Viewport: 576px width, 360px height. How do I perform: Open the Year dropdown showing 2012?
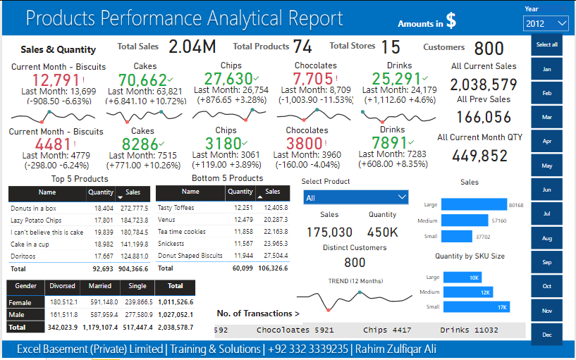[x=546, y=24]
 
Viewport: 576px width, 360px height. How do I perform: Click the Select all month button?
[x=546, y=45]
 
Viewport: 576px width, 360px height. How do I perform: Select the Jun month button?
[x=546, y=190]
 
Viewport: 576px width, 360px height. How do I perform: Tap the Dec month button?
[x=546, y=335]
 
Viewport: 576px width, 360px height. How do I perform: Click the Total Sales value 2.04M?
[x=192, y=47]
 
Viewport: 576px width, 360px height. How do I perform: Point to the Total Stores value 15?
[x=391, y=47]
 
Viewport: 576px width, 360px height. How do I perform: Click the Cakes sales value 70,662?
[x=143, y=80]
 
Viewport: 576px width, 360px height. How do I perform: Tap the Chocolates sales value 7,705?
[x=312, y=79]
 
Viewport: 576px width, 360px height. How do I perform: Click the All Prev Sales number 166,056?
[x=479, y=117]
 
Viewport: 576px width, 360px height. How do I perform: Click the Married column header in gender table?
[x=99, y=286]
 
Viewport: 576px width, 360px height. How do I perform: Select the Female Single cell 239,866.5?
[x=137, y=302]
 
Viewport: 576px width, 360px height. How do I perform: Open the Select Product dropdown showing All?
[x=355, y=198]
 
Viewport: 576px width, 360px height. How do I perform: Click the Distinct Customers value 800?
[x=354, y=263]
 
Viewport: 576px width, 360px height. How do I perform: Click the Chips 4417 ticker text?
[x=386, y=330]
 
